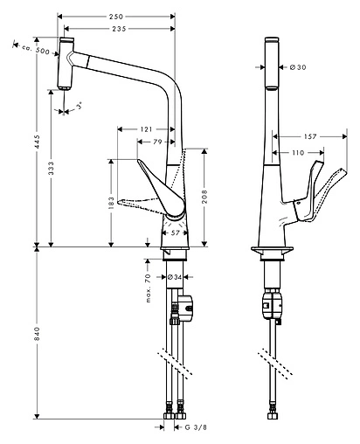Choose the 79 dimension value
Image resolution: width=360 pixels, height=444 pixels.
coord(158,141)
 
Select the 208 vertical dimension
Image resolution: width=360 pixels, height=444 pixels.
coord(204,198)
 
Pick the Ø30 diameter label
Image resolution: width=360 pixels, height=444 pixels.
coord(295,67)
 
